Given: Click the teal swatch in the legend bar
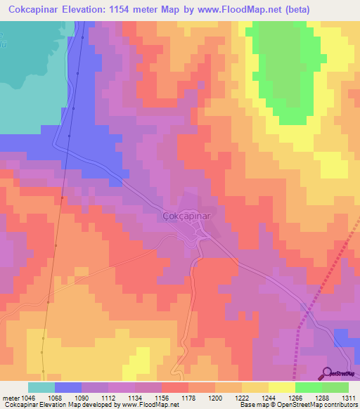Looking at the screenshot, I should [x=41, y=387].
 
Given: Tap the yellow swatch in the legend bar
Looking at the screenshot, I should [x=282, y=387].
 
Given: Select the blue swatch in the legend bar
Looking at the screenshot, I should [x=68, y=387].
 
